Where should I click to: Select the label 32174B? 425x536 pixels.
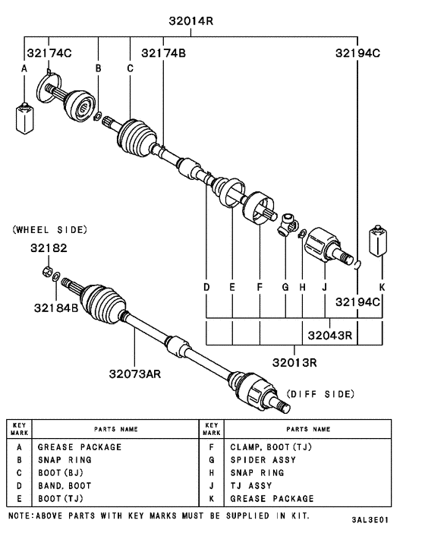pyautogui.click(x=163, y=52)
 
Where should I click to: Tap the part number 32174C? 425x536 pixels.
pyautogui.click(x=48, y=52)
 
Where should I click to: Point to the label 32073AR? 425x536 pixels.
pyautogui.click(x=134, y=373)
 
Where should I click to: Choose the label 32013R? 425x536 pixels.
pyautogui.click(x=294, y=361)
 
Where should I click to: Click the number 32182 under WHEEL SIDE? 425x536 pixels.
pyautogui.click(x=49, y=248)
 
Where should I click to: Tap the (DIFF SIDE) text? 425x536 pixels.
pyautogui.click(x=320, y=394)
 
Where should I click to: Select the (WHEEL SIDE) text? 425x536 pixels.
pyautogui.click(x=49, y=229)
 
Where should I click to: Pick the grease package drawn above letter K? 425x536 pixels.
pyautogui.click(x=377, y=242)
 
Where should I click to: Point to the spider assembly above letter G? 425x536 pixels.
pyautogui.click(x=286, y=223)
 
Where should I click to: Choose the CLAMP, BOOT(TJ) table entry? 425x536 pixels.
pyautogui.click(x=269, y=447)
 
